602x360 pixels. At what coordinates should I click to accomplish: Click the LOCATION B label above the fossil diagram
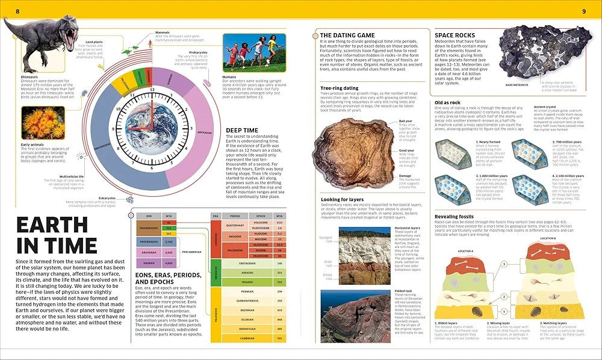click(548, 238)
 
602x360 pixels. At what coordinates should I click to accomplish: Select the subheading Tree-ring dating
click(340, 88)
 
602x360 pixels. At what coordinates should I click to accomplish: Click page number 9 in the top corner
click(584, 11)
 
